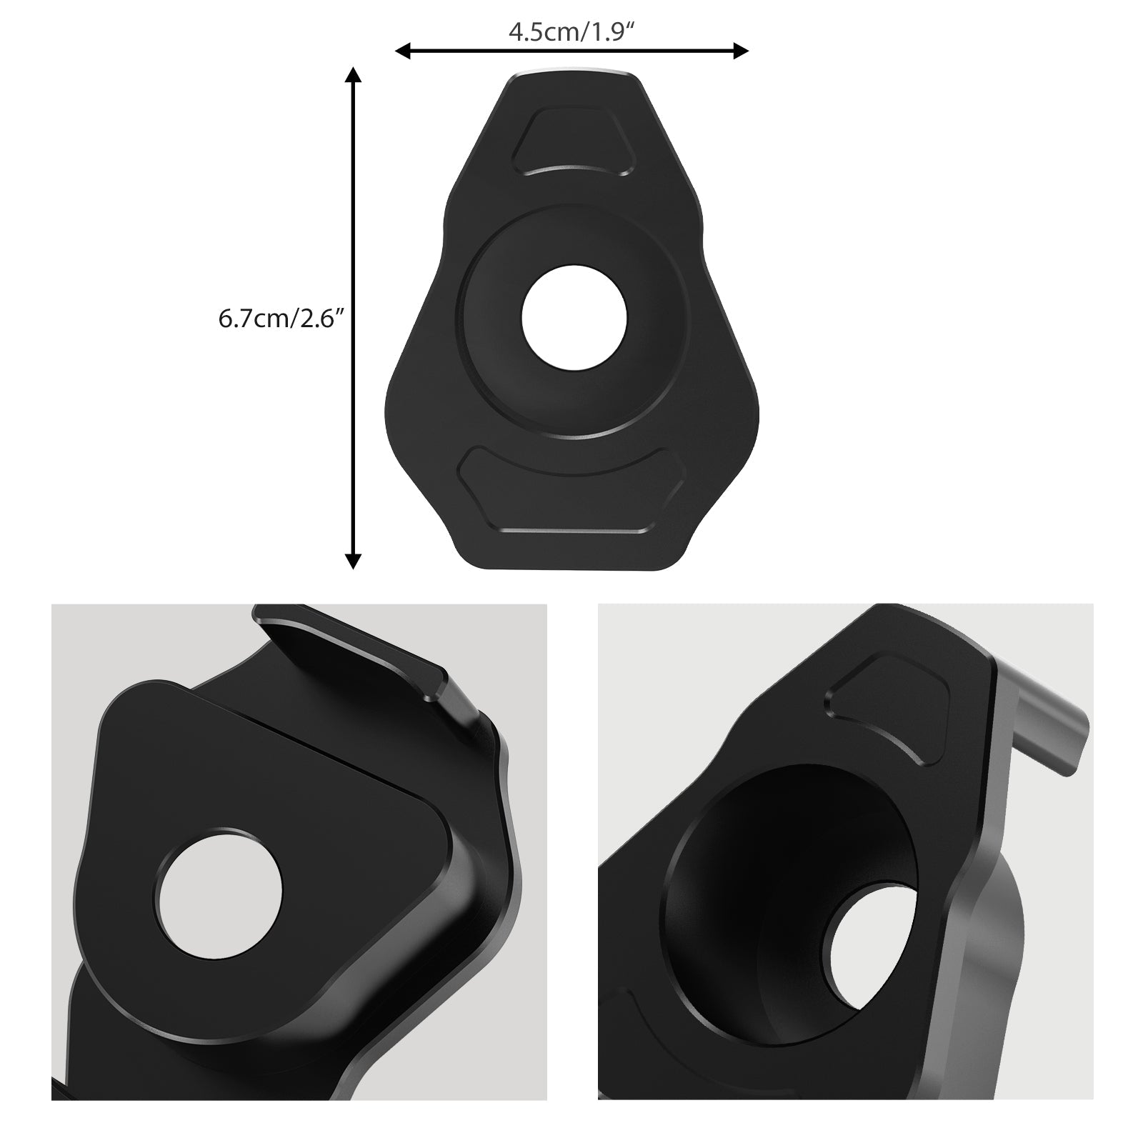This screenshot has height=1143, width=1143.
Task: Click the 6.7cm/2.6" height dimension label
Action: [281, 319]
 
